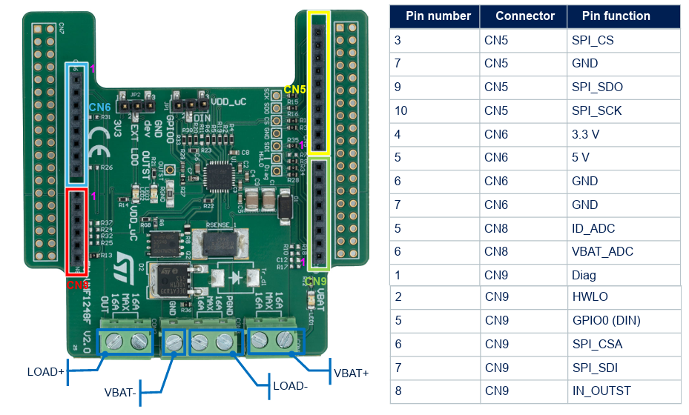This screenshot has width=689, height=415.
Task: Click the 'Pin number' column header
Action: (x=438, y=16)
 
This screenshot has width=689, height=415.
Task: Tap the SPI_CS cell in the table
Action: (x=592, y=40)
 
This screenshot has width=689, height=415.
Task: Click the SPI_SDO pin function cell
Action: (x=597, y=87)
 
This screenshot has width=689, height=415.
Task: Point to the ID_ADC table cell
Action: (x=593, y=228)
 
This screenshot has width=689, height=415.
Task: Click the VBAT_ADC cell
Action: (x=602, y=252)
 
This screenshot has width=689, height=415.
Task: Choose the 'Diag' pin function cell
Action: (x=584, y=275)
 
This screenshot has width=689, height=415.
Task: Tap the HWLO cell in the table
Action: (x=590, y=297)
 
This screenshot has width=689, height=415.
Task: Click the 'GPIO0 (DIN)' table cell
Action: (x=606, y=321)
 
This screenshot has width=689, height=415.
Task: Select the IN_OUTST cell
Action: (x=601, y=391)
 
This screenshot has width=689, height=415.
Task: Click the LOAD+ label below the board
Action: (x=45, y=371)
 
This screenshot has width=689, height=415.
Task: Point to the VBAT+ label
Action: (x=352, y=373)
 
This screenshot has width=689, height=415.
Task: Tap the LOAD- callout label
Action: (x=291, y=386)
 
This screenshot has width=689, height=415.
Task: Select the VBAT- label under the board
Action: (x=121, y=393)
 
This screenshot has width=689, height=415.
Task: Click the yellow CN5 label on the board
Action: (x=294, y=90)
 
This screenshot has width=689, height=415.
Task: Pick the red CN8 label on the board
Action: (x=79, y=285)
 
